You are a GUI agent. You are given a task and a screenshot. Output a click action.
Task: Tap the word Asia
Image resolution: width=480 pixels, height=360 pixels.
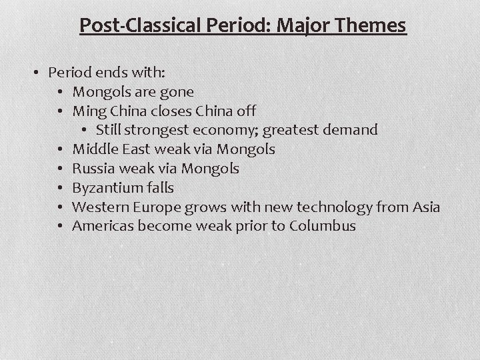click(x=427, y=207)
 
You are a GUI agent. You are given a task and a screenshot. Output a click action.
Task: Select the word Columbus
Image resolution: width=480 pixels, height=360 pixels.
click(x=323, y=227)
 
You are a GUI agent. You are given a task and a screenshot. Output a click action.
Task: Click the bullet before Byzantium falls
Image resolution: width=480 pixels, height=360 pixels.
click(x=60, y=188)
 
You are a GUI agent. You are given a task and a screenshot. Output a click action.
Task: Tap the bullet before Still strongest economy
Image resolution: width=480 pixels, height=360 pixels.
click(x=85, y=130)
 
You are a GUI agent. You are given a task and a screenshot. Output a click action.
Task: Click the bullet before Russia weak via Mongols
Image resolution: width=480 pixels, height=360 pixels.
click(x=60, y=169)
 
